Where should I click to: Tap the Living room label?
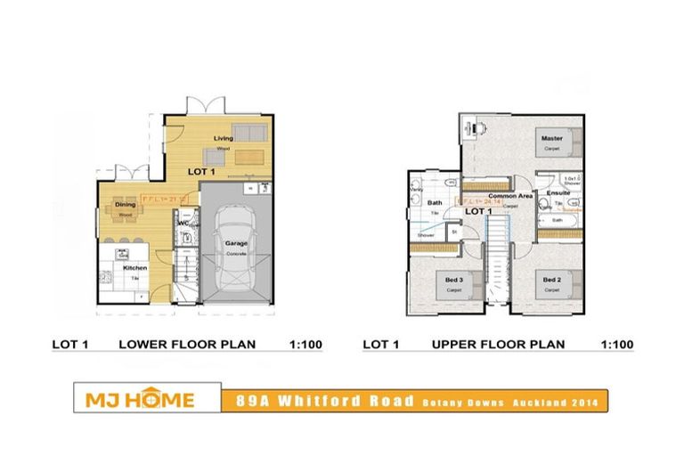223,138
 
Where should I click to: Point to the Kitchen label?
134,267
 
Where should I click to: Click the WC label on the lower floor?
182,224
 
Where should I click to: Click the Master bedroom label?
551,138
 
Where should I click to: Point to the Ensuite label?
558,192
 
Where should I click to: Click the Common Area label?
510,194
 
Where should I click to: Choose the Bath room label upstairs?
436,203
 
